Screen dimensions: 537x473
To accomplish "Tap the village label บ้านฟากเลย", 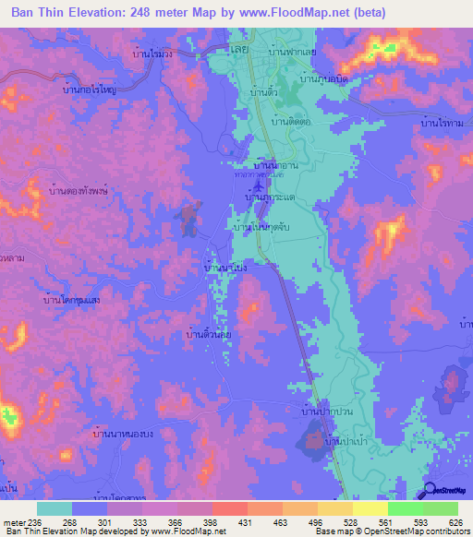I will [x=292, y=53].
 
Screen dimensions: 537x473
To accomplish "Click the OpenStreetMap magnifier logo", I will [x=431, y=491].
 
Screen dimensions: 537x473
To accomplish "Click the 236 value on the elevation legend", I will [x=36, y=522].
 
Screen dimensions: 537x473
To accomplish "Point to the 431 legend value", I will [x=229, y=522].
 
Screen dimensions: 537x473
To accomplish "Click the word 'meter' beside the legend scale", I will [x=14, y=522].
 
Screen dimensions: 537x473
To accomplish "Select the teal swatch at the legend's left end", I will [x=54, y=508].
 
